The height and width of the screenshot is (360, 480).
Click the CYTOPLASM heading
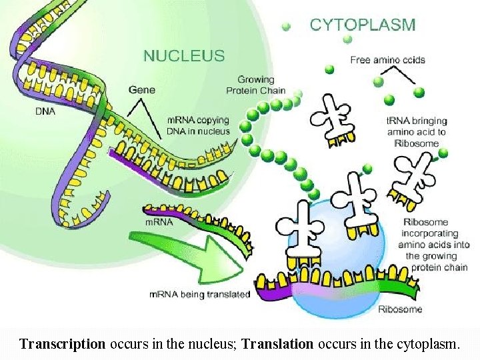tap(362, 25)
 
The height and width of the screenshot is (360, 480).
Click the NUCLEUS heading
tap(185, 55)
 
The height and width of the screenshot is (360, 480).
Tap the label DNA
tap(46, 111)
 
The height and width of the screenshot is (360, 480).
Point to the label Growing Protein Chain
tap(256, 85)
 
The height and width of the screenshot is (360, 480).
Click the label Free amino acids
tap(387, 60)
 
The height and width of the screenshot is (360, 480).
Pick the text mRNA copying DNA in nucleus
tap(198, 126)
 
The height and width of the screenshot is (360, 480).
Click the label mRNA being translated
tap(199, 294)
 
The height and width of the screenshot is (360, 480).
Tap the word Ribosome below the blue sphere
tap(400, 309)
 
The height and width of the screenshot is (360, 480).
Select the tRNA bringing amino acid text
tap(417, 132)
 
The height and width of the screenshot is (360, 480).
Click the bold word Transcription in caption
tap(63, 345)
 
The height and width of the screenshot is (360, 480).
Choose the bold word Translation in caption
tap(277, 345)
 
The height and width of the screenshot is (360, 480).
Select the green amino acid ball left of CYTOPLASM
tap(286, 27)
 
